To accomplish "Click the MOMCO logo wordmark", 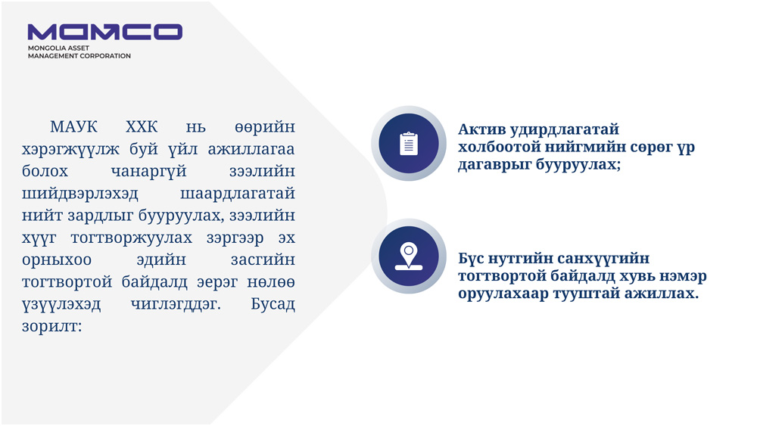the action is point(104,32).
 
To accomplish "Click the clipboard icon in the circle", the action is point(409,143).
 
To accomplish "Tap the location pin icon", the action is point(409,256).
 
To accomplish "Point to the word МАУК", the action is point(73,127).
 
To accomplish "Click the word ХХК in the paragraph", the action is point(142,127).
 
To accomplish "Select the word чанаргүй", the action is point(148,171).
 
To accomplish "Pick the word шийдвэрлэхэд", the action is point(80,194).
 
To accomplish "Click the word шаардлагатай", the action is point(238,194).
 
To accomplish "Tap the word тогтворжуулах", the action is point(131,238).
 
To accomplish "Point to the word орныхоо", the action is point(57,260).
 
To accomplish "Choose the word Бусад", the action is point(273,304).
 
